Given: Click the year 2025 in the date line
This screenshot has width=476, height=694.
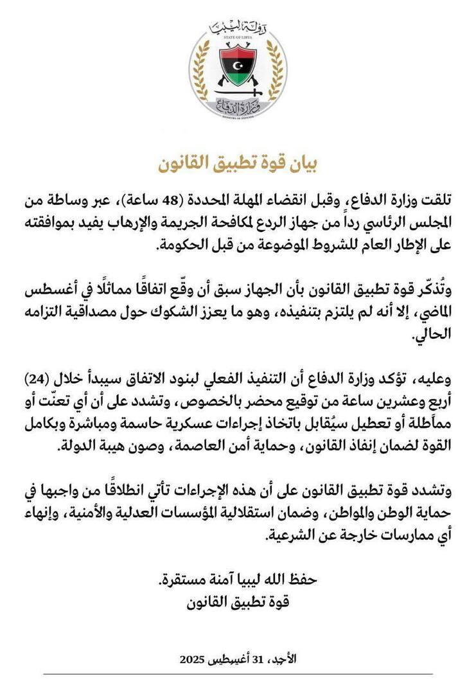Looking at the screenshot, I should click(192, 659).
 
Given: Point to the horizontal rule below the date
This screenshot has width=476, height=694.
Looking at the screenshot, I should click(238, 674).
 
